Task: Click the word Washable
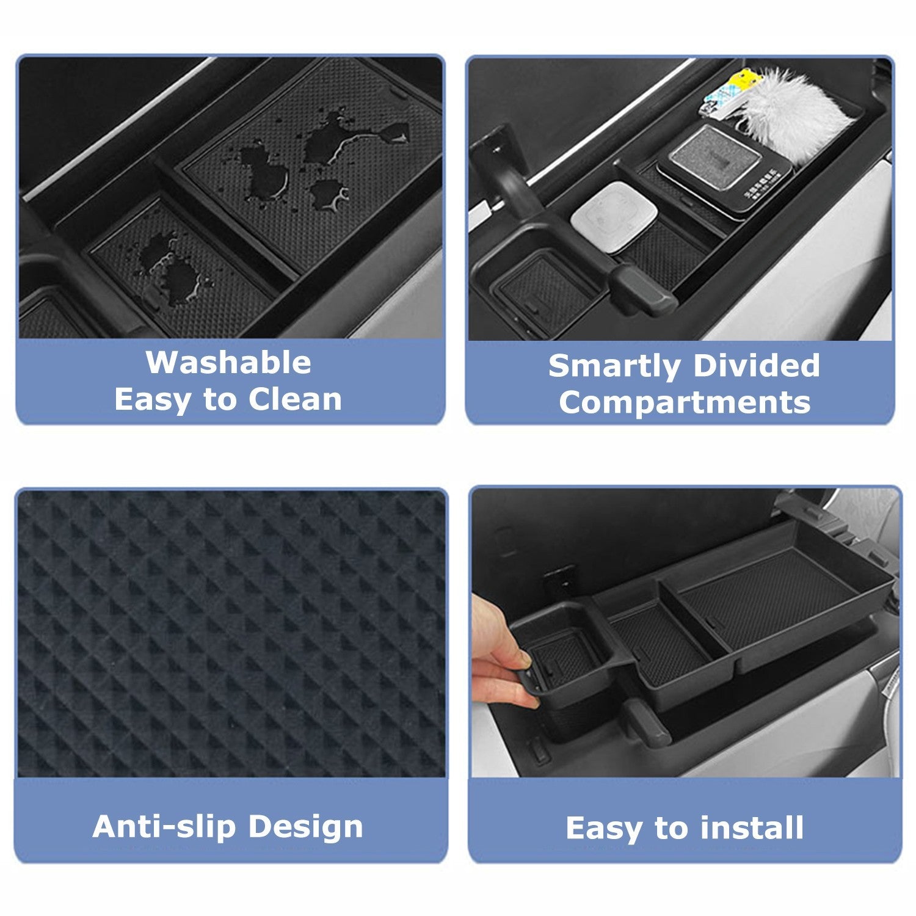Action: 228,363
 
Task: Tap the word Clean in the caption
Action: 294,400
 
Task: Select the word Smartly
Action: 614,366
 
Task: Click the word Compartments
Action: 684,402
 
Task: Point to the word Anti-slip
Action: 164,826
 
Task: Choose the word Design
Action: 305,826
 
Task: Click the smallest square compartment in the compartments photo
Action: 537,290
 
